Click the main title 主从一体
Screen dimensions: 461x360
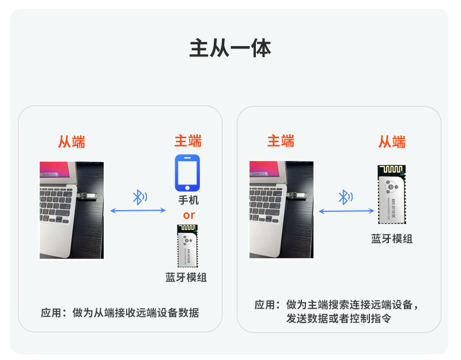point(230,48)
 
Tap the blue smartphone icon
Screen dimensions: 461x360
point(187,173)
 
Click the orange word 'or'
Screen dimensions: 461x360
point(189,215)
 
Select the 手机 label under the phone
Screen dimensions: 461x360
point(188,200)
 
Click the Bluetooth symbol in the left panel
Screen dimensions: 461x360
point(139,197)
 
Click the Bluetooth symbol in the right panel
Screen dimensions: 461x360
point(345,197)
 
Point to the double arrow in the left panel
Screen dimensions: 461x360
point(138,210)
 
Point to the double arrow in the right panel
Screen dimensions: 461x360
point(346,211)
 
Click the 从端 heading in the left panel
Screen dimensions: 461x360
point(71,142)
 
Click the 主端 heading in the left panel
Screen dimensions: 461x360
point(188,141)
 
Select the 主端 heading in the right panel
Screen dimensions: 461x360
point(281,141)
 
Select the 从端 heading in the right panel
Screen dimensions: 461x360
point(392,142)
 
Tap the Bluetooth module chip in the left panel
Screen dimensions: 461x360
point(187,247)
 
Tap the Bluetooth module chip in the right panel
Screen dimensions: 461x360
point(392,194)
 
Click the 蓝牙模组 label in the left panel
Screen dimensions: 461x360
point(186,278)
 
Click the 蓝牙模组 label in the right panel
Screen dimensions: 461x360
point(392,238)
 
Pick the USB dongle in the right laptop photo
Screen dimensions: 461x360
point(296,195)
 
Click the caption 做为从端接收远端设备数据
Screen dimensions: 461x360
point(135,313)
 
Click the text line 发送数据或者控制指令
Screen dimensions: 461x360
point(339,319)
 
